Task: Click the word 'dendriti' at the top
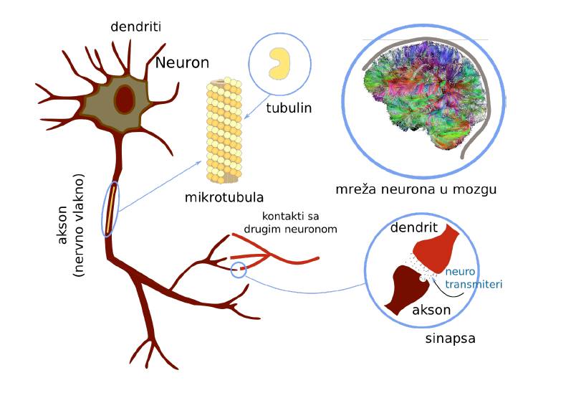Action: (136, 27)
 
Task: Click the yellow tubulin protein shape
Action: (279, 63)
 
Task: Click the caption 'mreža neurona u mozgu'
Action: (416, 190)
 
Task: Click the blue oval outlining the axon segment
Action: (112, 209)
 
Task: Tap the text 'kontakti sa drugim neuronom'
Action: (300, 223)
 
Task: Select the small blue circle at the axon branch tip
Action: (239, 269)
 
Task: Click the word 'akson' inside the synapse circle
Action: (431, 311)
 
